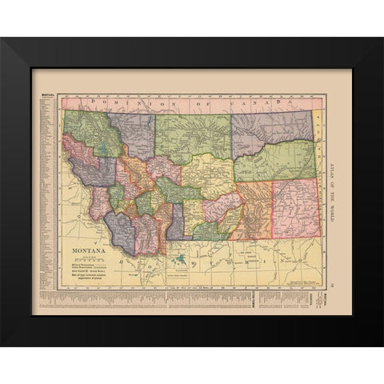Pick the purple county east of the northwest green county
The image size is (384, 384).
click(x=132, y=133)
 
